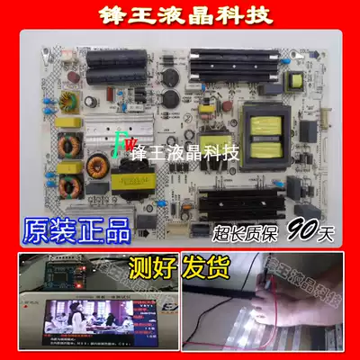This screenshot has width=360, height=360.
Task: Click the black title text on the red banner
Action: click(x=180, y=14)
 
